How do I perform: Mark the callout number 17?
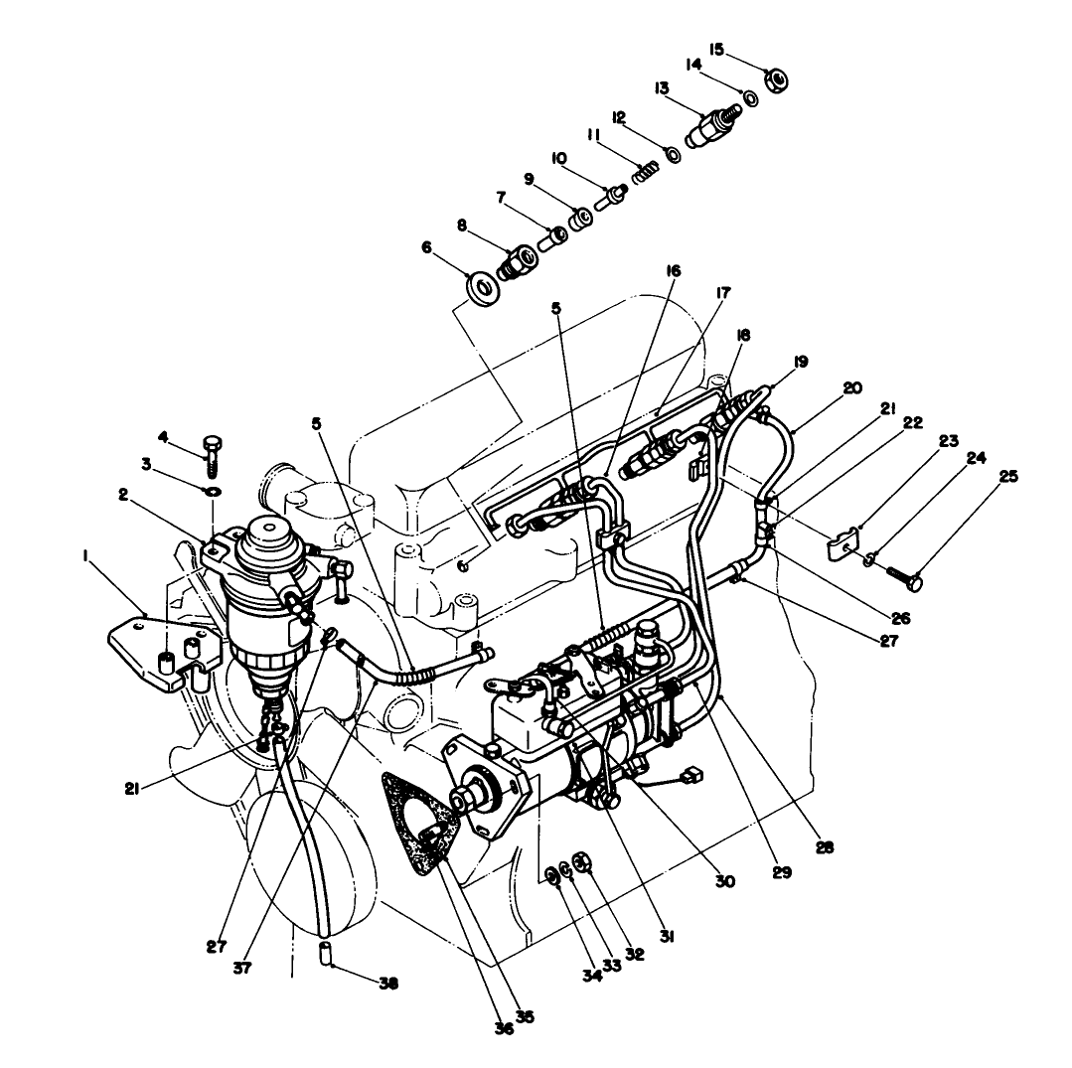tap(721, 293)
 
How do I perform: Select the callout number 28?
tap(824, 847)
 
